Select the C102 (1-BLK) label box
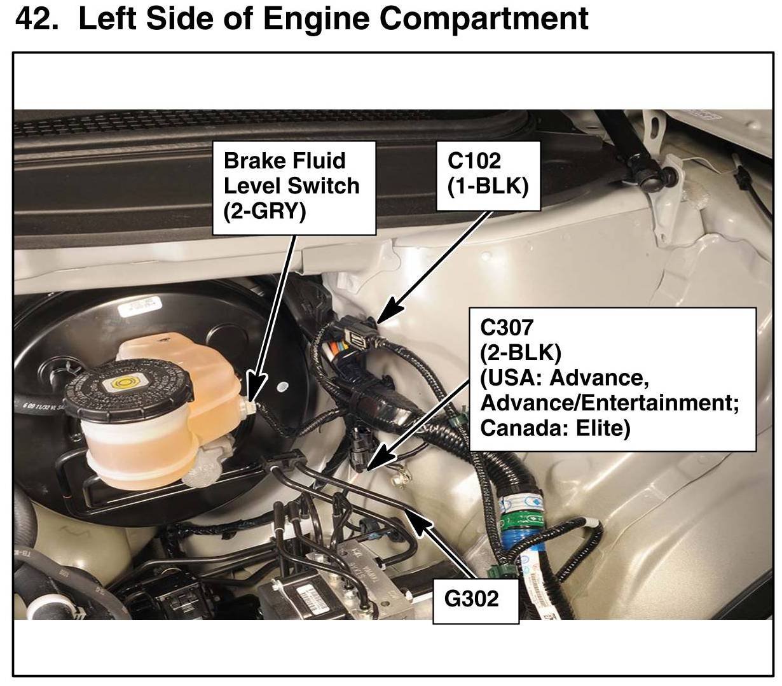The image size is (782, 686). (488, 175)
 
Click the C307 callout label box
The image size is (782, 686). (612, 379)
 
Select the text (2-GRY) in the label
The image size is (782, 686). (264, 211)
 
